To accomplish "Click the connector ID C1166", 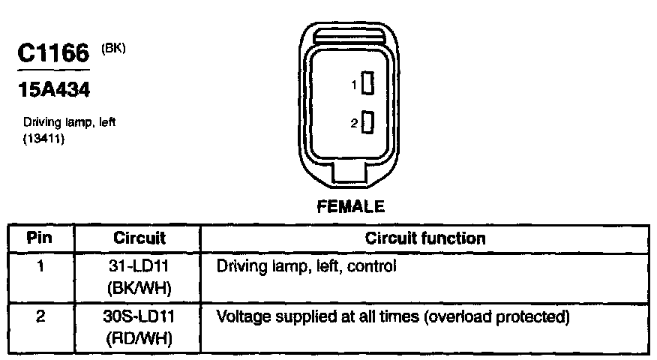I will [x=52, y=55].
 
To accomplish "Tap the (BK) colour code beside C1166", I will [x=113, y=49].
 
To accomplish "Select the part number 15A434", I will [x=53, y=91].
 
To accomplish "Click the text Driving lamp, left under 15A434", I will [x=69, y=121].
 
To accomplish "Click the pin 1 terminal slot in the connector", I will [x=367, y=84].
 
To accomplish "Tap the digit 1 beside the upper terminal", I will [x=354, y=85].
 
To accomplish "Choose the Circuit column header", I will [x=139, y=238].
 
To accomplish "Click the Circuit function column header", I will [x=425, y=238].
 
